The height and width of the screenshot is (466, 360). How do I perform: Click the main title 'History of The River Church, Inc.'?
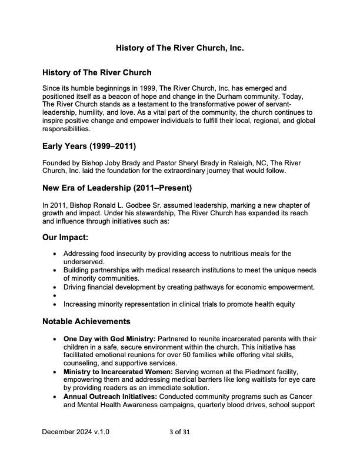pos(180,47)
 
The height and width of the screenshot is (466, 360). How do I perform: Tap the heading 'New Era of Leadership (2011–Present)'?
pos(116,189)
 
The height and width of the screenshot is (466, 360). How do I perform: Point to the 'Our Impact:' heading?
pos(65,240)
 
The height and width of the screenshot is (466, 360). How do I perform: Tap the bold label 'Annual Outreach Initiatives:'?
pos(109,397)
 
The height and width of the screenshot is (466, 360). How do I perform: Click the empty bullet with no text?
pos(55,295)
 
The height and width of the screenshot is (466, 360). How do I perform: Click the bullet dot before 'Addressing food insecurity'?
pos(55,254)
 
